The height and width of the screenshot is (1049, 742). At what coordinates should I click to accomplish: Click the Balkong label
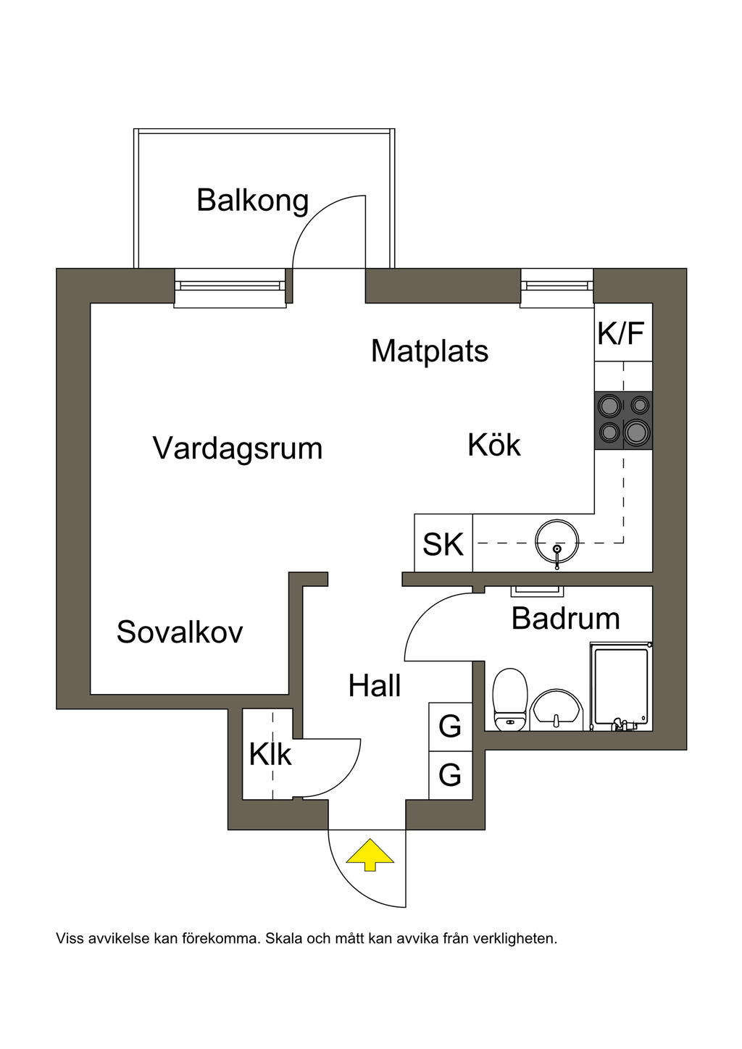(252, 201)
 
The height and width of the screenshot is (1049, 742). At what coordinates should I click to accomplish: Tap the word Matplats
(430, 351)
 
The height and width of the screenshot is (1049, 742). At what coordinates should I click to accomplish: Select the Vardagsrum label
(238, 448)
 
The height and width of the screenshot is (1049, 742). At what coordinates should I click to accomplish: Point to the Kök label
(494, 445)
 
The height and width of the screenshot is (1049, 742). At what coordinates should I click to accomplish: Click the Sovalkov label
(180, 632)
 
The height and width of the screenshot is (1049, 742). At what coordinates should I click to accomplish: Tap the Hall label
(375, 686)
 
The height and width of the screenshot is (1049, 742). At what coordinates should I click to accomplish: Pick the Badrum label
(565, 619)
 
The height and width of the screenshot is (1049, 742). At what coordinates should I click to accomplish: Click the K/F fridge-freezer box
(622, 334)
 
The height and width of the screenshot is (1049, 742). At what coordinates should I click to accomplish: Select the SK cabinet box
(443, 544)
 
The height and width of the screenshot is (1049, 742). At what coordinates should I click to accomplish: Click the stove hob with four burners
(623, 421)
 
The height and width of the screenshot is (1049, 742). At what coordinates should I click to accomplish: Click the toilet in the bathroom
(509, 699)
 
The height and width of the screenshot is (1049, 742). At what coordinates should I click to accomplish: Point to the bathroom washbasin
(556, 710)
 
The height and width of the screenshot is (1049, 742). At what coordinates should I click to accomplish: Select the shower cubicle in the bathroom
(620, 687)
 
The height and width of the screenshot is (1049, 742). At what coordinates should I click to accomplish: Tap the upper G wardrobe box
(450, 727)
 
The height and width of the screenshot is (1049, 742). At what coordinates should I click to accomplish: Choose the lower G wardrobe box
(450, 776)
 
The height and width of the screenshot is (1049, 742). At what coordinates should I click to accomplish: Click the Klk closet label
(270, 755)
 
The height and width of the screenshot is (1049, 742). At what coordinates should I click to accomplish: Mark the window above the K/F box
(556, 286)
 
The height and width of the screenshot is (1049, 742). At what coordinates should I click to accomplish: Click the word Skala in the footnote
(284, 939)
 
